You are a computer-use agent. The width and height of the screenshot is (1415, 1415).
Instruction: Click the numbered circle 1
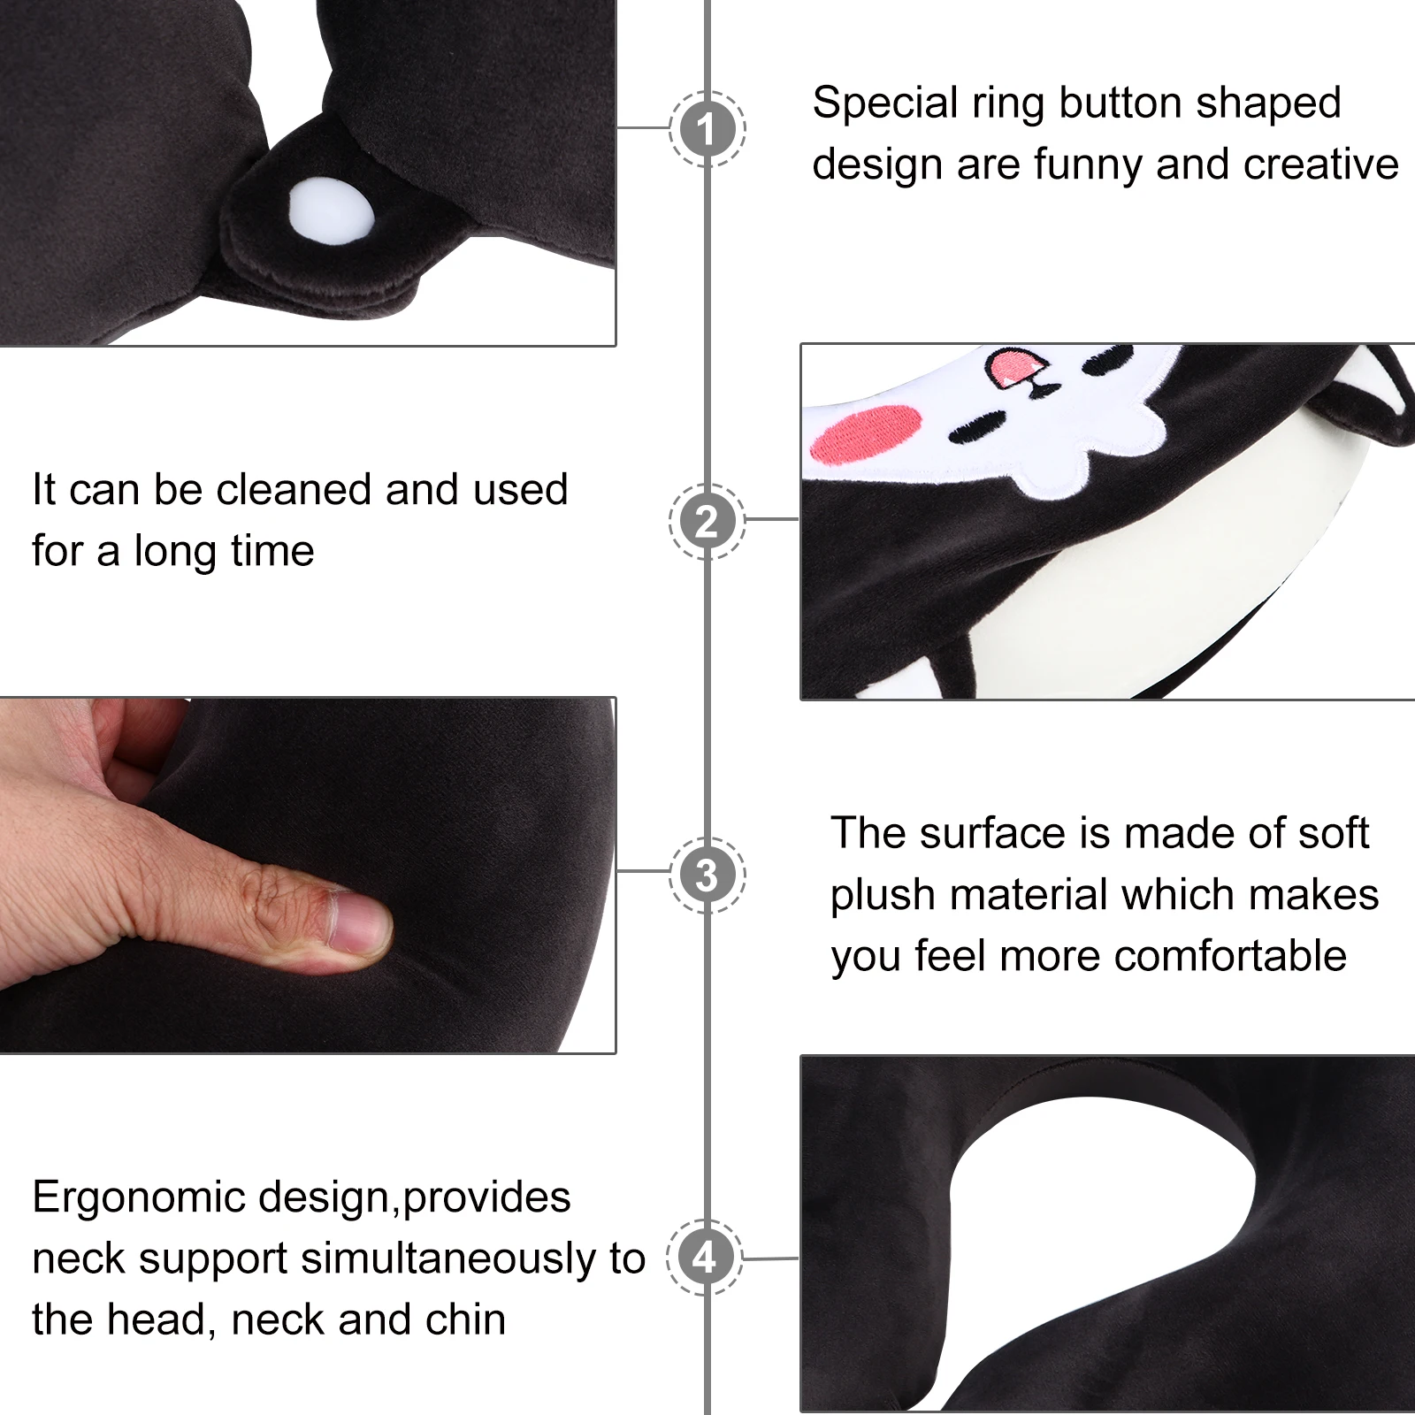(707, 129)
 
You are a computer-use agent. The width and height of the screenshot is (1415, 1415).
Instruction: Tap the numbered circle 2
(707, 522)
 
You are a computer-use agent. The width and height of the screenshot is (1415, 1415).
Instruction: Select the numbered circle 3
(707, 875)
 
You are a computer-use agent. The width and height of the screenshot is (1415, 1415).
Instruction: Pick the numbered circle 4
(704, 1257)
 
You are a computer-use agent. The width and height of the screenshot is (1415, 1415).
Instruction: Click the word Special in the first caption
(884, 103)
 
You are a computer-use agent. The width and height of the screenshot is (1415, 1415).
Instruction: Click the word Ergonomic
(138, 1198)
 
